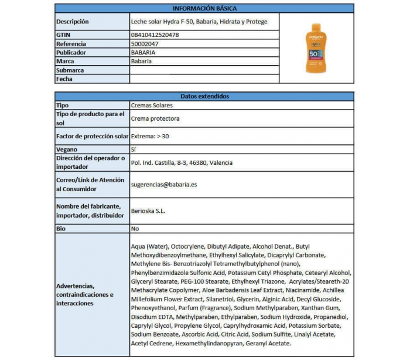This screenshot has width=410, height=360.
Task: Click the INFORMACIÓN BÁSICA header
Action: pyautogui.click(x=204, y=8)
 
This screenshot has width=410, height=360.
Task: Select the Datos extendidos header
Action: pyautogui.click(x=204, y=97)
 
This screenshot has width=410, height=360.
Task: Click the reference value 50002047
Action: pyautogui.click(x=145, y=44)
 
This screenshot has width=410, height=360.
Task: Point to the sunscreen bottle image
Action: pyautogui.click(x=316, y=49)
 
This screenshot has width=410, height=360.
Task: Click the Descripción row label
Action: pyautogui.click(x=73, y=22)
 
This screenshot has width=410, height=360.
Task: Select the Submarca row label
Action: pyautogui.click(x=70, y=70)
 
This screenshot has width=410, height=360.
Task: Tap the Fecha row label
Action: pyautogui.click(x=64, y=79)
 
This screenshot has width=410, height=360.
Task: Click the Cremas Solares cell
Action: pyautogui.click(x=151, y=106)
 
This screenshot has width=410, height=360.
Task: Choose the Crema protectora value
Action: pyautogui.click(x=155, y=118)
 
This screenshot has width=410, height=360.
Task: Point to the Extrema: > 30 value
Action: pyautogui.click(x=151, y=136)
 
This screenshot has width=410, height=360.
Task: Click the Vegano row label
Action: pyautogui.click(x=67, y=150)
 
